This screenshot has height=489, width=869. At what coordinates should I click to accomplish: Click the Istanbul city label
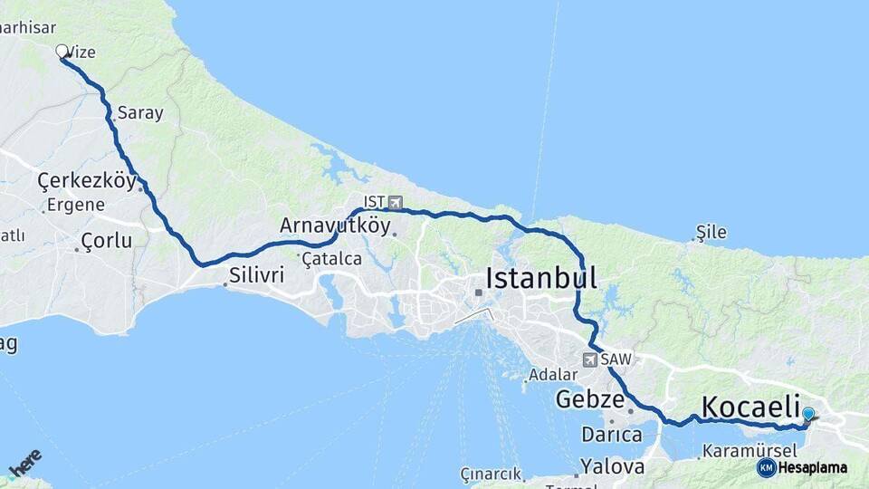point(541,278)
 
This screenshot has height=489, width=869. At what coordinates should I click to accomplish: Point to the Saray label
point(140,113)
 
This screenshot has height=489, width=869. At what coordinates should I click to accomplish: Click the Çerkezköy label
point(87,181)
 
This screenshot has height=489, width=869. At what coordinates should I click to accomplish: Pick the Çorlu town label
point(106,241)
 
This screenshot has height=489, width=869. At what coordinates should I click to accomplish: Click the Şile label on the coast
point(711,232)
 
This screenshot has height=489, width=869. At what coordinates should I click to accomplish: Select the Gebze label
point(590,399)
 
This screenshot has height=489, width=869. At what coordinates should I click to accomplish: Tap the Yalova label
point(613,467)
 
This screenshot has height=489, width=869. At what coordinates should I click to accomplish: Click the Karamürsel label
point(749,450)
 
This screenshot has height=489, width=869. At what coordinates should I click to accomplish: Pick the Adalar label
point(553,374)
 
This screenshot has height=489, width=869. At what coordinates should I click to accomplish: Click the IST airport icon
point(395,202)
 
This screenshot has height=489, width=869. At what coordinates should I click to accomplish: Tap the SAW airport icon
point(590,360)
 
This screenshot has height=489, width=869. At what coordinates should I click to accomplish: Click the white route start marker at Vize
point(62,52)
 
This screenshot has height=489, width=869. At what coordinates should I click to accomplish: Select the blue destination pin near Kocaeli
point(808,415)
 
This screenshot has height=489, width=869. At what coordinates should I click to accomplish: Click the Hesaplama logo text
point(812,467)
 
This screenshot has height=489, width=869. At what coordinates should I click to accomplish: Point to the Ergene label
point(76,205)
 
